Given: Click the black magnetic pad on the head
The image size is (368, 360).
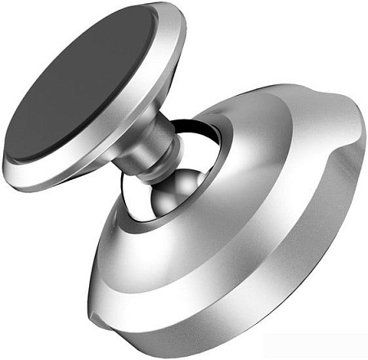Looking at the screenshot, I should (78, 82).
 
